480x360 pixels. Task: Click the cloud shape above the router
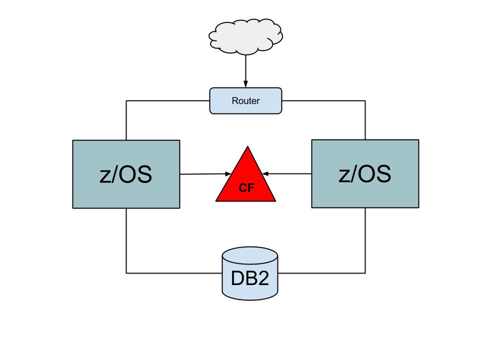tap(245, 35)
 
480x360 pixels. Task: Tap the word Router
tap(245, 101)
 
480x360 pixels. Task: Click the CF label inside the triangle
tap(246, 189)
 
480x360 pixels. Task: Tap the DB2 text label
tap(249, 278)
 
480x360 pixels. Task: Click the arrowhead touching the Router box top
tap(245, 84)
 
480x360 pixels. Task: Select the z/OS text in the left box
tap(125, 175)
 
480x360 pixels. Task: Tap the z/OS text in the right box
tap(364, 174)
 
